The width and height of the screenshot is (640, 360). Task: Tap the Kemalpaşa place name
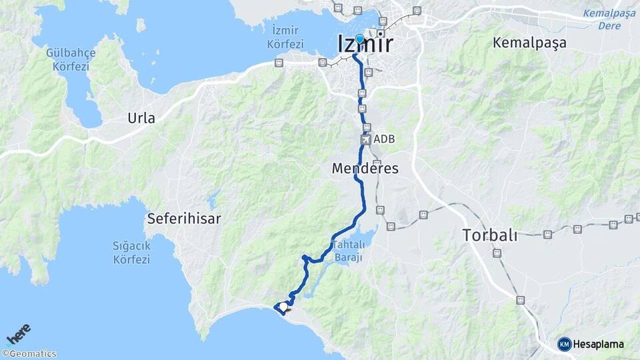point(529,43)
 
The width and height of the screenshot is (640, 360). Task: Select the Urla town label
point(141,119)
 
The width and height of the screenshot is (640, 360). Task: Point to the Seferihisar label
point(184,218)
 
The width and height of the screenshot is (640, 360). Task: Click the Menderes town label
point(365,169)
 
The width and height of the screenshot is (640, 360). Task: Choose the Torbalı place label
point(489,235)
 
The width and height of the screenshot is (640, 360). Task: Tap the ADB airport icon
point(365,140)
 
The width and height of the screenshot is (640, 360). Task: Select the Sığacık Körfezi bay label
point(131,253)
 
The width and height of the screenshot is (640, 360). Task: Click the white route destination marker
point(283,307)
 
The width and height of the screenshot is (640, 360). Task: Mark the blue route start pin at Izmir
point(359,39)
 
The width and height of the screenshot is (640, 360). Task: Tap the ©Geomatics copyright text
point(29,354)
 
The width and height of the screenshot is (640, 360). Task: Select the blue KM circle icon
point(565,344)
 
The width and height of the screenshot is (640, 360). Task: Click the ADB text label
point(385,139)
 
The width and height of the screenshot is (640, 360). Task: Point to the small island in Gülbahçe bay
point(141,25)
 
